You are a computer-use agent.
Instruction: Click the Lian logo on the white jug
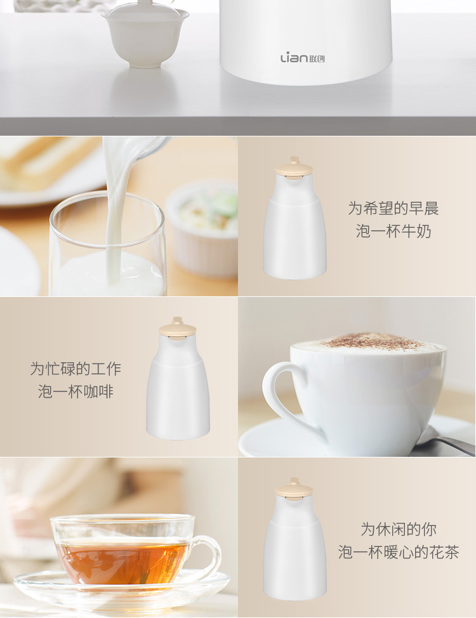pos(303,58)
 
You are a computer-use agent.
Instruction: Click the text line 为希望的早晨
pos(393,208)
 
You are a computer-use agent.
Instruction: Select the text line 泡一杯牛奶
pos(393,231)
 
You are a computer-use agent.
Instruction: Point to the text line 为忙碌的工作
pos(76,369)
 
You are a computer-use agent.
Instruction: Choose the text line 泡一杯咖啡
pos(76,391)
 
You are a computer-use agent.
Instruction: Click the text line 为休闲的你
pos(399,529)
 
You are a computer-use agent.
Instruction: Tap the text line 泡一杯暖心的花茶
pos(399,552)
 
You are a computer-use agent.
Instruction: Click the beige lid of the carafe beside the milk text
pos(294,168)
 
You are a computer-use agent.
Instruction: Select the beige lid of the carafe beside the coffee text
pos(178,329)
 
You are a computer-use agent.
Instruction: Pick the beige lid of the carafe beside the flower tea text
pos(294,489)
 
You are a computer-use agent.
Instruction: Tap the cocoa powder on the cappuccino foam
pos(369,341)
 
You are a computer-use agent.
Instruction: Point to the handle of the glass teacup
pos(207,556)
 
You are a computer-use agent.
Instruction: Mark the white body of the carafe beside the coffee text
pos(178,390)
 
